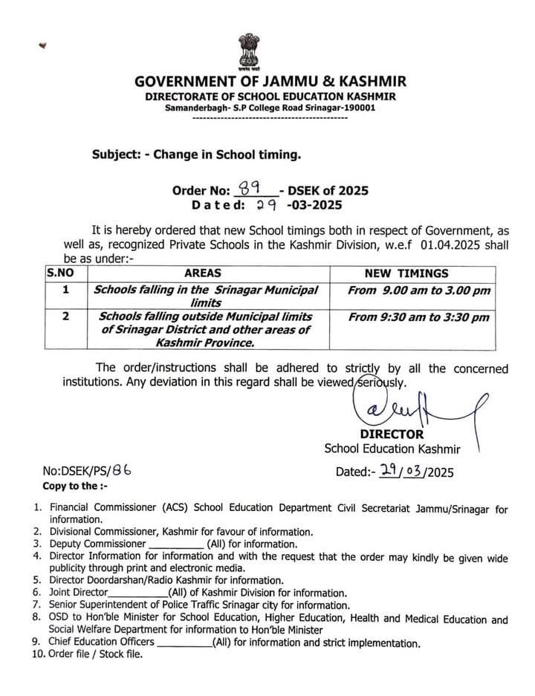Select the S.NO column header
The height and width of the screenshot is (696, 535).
point(59,273)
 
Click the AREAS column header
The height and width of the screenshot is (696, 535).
point(202,273)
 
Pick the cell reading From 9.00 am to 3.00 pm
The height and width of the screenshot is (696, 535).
point(418,291)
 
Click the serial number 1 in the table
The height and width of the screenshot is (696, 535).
point(65,290)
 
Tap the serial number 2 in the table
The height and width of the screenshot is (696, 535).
point(65,318)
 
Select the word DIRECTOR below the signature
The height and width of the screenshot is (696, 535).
point(392,434)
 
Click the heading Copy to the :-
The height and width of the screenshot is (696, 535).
point(70,486)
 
